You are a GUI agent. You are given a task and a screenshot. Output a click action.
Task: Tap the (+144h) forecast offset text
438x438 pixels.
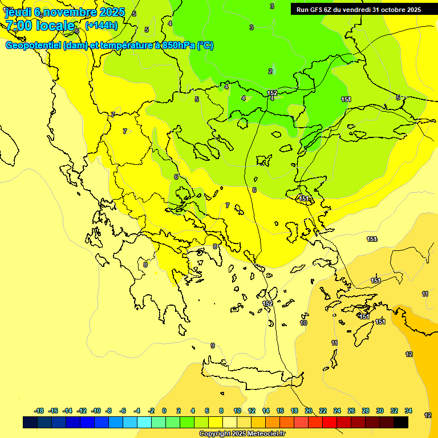(102, 26)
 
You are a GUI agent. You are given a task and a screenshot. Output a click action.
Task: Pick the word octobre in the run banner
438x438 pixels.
(388, 10)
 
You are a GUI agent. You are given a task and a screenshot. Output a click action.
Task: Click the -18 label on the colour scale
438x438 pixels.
(39, 411)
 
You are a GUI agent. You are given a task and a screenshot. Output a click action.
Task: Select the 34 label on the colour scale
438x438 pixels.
(408, 411)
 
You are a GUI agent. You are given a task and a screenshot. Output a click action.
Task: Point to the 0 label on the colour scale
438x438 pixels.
(164, 411)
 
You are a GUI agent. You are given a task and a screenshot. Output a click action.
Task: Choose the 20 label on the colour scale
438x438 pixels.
(309, 411)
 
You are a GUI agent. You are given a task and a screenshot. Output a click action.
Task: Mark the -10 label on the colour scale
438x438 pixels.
(96, 411)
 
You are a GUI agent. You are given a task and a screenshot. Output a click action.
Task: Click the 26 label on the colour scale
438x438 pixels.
(351, 411)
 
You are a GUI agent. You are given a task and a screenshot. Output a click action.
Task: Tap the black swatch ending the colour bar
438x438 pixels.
(401, 423)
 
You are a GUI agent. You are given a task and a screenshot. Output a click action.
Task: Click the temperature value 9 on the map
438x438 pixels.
(213, 346)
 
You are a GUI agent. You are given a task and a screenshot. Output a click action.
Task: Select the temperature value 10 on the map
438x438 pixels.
(303, 323)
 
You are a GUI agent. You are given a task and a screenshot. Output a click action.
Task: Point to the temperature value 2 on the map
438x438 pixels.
(270, 71)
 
